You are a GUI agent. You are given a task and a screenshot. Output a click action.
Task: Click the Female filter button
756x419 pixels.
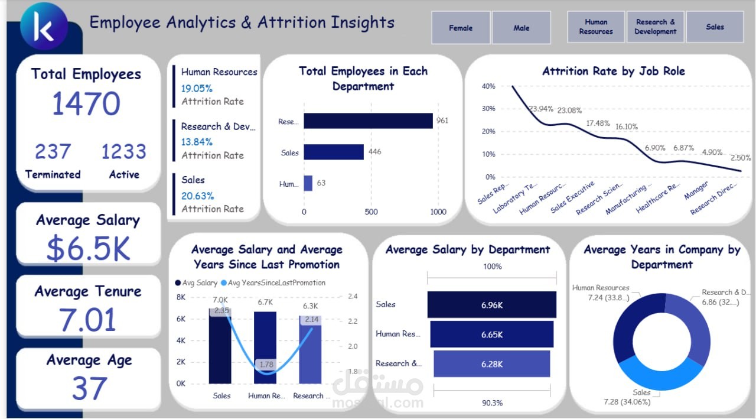[x=461, y=28]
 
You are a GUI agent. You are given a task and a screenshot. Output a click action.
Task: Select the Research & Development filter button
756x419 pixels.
[x=655, y=27]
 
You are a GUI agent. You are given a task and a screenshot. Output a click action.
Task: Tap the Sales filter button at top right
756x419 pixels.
[x=715, y=27]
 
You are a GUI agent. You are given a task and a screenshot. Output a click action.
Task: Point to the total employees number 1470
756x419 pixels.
[x=86, y=104]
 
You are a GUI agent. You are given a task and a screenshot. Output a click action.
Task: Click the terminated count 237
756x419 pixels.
[x=53, y=152]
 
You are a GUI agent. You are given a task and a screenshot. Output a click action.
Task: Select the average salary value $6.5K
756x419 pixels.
[x=88, y=249]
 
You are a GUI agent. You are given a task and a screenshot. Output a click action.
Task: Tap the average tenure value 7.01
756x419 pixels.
[x=88, y=320]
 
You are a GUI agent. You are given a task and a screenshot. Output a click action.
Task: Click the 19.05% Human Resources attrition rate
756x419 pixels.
[x=197, y=89]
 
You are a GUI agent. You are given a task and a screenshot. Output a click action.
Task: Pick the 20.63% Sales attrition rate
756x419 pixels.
[x=197, y=196]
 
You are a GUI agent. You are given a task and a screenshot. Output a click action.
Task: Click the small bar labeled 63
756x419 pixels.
[x=308, y=183]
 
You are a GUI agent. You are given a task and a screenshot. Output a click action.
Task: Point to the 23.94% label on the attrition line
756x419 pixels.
[x=541, y=109]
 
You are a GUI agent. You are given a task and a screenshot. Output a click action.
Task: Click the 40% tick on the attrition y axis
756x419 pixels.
[x=488, y=86]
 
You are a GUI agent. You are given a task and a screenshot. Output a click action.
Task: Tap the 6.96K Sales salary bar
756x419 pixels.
[x=491, y=304]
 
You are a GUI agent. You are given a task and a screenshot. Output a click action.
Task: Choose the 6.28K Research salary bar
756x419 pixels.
[x=491, y=364]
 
